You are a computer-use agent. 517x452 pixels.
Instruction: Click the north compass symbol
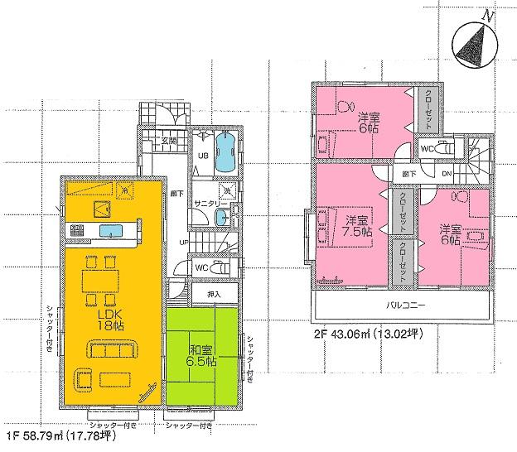[x=473, y=41]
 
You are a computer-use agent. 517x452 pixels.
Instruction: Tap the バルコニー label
[x=406, y=305]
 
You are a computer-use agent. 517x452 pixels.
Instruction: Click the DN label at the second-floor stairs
[x=447, y=174]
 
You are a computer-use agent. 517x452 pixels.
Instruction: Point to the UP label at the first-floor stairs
[x=187, y=242]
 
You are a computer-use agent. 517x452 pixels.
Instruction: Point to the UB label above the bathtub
[x=201, y=155]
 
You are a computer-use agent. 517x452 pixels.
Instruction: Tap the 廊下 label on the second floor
[x=409, y=174]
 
